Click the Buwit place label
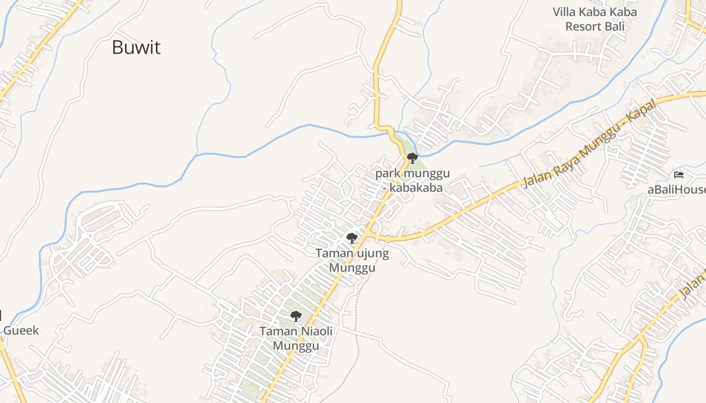(136, 47)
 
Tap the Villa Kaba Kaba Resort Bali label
(595, 19)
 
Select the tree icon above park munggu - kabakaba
(412, 158)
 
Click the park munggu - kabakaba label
(413, 181)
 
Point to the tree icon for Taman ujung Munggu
(351, 238)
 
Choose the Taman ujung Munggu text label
(352, 260)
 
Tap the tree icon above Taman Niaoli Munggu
(296, 316)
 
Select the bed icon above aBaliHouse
(679, 175)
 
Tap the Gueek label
(21, 330)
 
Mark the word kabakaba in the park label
(418, 188)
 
